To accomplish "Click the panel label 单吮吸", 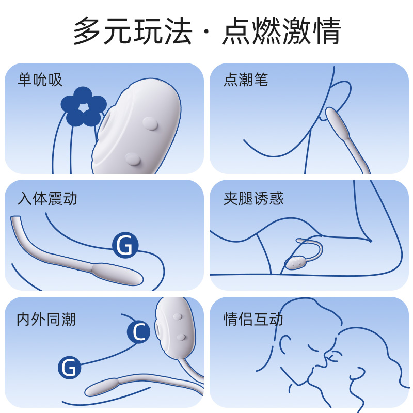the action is tap(40, 80).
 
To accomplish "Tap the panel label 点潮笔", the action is tap(246, 80).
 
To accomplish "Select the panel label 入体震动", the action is tap(47, 198).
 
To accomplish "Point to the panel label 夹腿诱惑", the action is tap(253, 198).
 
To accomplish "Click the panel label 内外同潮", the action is tap(46, 320).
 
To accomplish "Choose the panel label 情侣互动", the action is tap(253, 320).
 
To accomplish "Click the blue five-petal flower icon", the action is tap(84, 107).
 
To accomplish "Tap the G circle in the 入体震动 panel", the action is tap(125, 245).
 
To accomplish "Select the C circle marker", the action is tap(138, 331).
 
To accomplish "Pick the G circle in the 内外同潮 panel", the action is tap(69, 368).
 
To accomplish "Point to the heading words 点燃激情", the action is tap(282, 31).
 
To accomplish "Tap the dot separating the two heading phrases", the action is tap(207, 31).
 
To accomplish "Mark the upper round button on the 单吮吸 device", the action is tap(150, 123).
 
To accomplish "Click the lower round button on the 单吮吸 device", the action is tap(133, 158).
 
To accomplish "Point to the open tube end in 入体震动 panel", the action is tap(15, 219).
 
